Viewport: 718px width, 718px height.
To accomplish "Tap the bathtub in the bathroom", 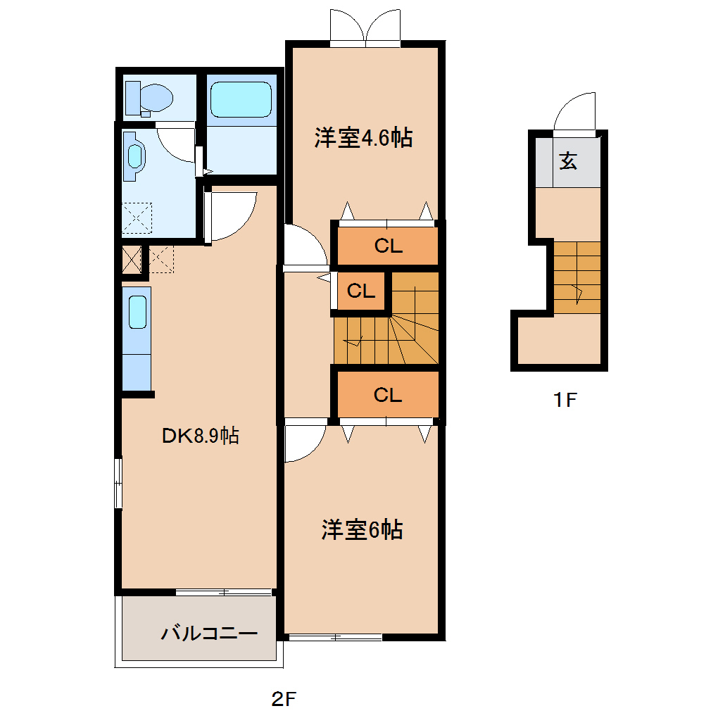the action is pyautogui.click(x=241, y=99).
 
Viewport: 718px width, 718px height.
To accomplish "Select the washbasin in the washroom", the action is pyautogui.click(x=134, y=156).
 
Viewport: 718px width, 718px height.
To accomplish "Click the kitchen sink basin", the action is pyautogui.click(x=137, y=313).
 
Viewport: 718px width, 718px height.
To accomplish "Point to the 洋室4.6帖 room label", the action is pyautogui.click(x=363, y=137).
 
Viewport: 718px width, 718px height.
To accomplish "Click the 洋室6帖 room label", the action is pyautogui.click(x=362, y=530).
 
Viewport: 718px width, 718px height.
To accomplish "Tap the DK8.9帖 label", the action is pyautogui.click(x=201, y=436).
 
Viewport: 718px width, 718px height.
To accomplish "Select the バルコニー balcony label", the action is pyautogui.click(x=209, y=634).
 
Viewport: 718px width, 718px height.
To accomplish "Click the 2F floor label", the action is pyautogui.click(x=284, y=699).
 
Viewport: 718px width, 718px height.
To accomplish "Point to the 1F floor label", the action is pyautogui.click(x=565, y=400).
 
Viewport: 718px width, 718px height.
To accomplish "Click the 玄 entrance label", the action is pyautogui.click(x=568, y=160).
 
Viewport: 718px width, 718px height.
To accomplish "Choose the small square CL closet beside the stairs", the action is pyautogui.click(x=361, y=291).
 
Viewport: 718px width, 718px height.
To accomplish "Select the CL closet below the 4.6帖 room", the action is pyautogui.click(x=388, y=246).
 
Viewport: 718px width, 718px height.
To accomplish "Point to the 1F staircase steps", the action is pyautogui.click(x=577, y=277).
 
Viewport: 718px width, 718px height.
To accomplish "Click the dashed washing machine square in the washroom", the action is pyautogui.click(x=137, y=218).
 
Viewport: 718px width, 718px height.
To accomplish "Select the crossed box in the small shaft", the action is pyautogui.click(x=132, y=260).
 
